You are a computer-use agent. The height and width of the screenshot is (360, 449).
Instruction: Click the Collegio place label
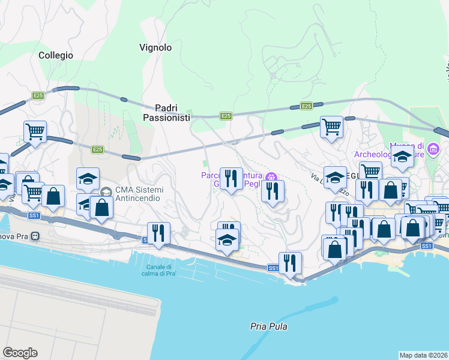click(56, 55)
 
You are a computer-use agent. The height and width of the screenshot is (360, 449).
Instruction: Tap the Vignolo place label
click(155, 47)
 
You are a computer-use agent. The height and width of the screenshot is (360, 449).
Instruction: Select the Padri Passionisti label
click(166, 113)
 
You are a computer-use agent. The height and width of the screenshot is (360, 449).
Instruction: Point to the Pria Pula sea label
click(268, 327)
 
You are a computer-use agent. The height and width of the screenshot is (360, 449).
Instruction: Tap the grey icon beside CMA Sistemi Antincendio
click(106, 191)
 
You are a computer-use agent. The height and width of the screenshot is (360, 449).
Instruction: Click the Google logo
click(20, 353)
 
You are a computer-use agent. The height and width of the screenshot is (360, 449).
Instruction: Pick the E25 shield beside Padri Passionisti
click(225, 116)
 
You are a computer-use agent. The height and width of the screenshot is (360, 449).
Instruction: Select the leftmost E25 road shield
click(38, 95)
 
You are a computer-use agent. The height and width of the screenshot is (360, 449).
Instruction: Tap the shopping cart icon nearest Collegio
click(35, 130)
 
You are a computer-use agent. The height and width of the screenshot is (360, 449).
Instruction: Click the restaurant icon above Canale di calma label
click(158, 233)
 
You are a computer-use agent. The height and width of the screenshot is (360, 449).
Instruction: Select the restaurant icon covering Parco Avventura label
click(231, 178)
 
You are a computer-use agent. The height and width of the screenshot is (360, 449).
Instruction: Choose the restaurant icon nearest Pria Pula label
click(290, 262)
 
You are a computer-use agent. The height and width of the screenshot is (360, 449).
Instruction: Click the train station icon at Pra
click(35, 235)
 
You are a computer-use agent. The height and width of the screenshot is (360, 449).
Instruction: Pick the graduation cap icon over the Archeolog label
click(402, 158)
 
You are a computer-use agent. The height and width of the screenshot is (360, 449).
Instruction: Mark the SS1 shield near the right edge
click(426, 246)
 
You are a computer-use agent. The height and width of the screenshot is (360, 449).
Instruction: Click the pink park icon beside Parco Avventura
click(271, 176)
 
